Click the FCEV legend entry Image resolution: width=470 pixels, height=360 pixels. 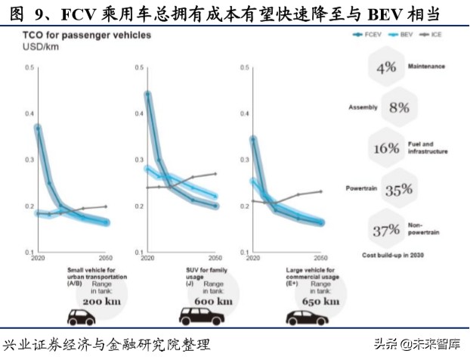[x=370, y=35]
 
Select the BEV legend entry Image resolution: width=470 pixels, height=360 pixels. [x=404, y=35]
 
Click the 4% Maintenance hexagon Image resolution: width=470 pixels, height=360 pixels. [x=386, y=67]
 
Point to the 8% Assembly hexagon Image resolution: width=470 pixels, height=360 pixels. [x=399, y=107]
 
